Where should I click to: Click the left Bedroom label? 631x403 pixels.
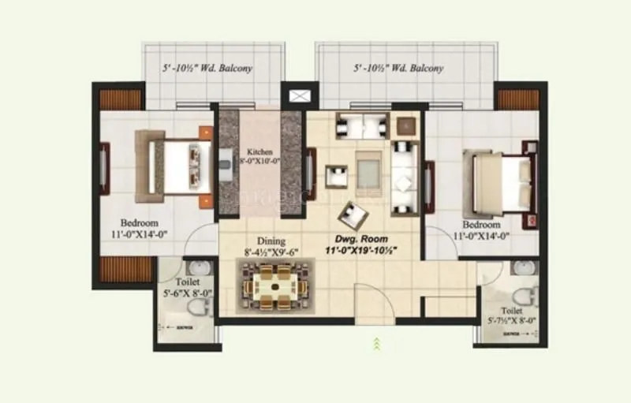pyautogui.click(x=140, y=223)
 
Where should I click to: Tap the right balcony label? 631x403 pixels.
pyautogui.click(x=398, y=69)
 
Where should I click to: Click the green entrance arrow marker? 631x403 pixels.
pyautogui.click(x=377, y=342)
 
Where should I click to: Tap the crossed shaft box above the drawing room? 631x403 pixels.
pyautogui.click(x=300, y=96)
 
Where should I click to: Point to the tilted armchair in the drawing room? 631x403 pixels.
pyautogui.click(x=351, y=214)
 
